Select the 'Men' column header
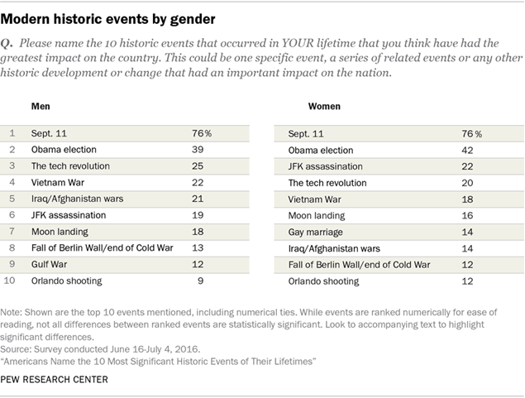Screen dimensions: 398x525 coord(41,107)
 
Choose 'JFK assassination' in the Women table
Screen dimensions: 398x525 coord(325,165)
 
